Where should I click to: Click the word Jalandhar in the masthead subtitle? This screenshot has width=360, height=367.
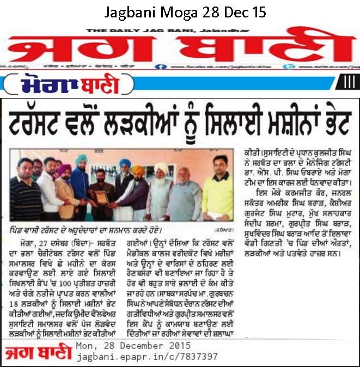pyautogui.click(x=199, y=31)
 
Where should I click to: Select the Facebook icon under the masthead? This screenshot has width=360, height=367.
pyautogui.click(x=157, y=66)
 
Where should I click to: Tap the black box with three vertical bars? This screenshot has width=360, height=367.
pyautogui.click(x=347, y=82)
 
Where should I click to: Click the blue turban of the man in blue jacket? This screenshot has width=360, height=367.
pyautogui.click(x=81, y=159)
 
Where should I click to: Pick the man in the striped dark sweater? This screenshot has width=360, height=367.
pyautogui.click(x=25, y=196)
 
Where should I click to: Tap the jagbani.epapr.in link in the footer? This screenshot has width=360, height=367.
pyautogui.click(x=148, y=357)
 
